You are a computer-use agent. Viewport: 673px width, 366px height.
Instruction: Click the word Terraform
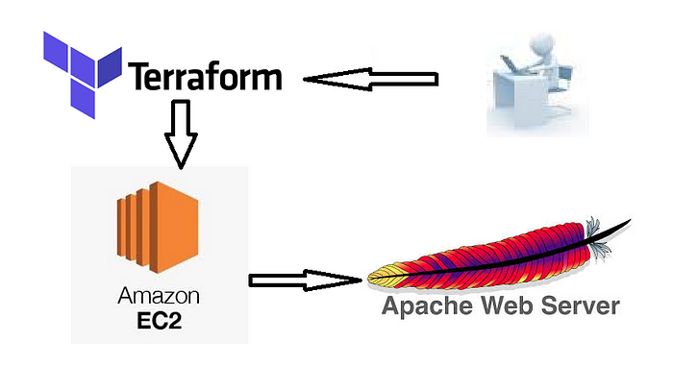(x=205, y=76)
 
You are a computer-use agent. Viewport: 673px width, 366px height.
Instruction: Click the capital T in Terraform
(x=138, y=76)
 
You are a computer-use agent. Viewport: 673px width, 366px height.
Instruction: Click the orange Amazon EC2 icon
(x=157, y=227)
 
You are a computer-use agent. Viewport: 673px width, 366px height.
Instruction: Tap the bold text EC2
(x=157, y=318)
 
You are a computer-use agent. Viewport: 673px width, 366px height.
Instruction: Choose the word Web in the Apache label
(x=504, y=307)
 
